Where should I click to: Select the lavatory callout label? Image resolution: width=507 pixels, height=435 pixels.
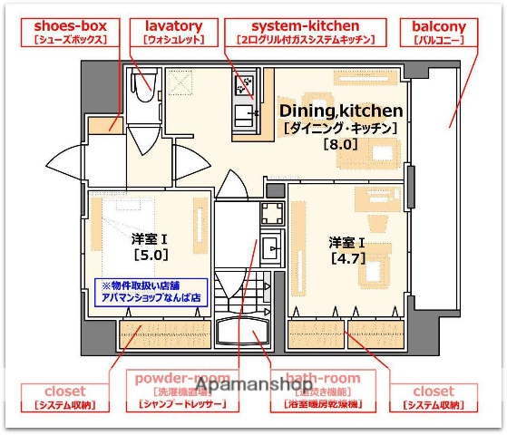(x=172, y=33)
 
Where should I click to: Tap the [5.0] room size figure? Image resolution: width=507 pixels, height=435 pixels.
(x=150, y=256)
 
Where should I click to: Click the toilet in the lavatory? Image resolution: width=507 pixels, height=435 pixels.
(x=144, y=83)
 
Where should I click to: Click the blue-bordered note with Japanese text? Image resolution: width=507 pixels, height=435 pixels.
(x=151, y=291)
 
